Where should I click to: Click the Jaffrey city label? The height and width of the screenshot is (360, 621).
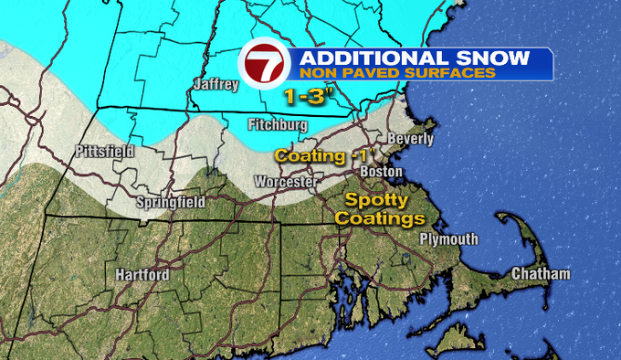point(216,85)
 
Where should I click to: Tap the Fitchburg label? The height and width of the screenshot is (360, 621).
point(278,124)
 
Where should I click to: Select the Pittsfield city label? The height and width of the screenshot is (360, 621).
point(104,151)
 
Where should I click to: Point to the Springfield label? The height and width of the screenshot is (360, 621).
point(170,201)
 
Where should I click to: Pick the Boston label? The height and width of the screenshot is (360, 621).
point(381,171)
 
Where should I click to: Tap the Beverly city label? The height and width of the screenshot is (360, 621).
point(410,139)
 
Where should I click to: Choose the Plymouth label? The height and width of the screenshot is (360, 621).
point(448,239)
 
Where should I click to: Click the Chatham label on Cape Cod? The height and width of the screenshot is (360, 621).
point(541,274)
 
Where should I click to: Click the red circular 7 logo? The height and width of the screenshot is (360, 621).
point(262,65)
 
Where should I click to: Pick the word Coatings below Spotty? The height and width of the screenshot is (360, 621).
point(379,219)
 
